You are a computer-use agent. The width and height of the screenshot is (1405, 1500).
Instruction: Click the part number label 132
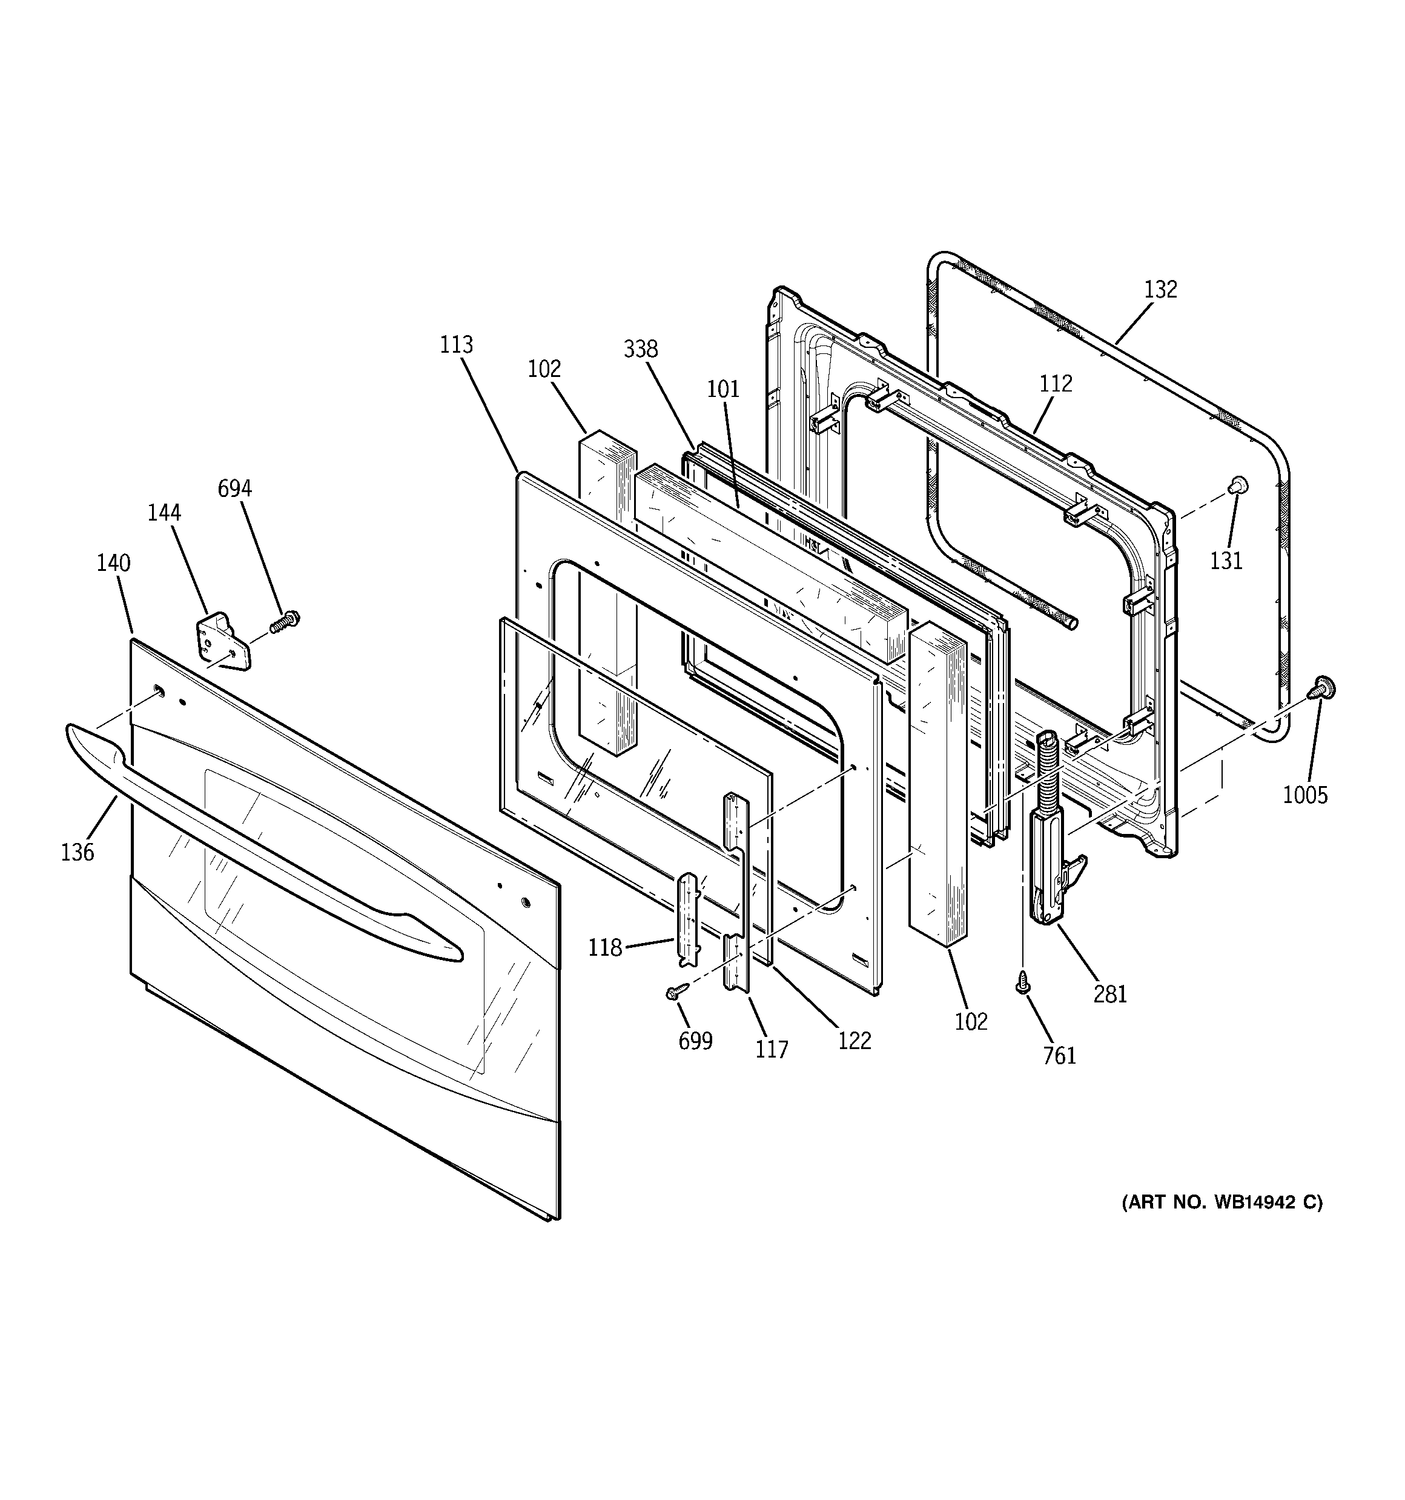point(1160,290)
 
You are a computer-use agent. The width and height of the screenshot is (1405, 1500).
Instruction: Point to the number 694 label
point(234,489)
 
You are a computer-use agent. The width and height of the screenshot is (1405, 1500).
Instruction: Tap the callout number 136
point(78,853)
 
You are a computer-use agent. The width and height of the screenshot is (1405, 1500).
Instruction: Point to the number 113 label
point(456,345)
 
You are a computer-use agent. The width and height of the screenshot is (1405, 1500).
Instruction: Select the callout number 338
point(640,349)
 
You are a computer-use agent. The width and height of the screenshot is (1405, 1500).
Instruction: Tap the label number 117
point(772,1050)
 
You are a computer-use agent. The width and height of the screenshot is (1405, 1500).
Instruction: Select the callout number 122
point(854,1041)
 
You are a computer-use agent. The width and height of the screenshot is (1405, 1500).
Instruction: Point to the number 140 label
point(113,563)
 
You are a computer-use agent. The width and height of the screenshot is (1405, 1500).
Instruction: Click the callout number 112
point(1055,384)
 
